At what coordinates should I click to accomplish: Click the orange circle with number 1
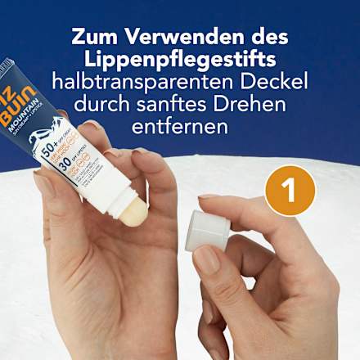coord(289,191)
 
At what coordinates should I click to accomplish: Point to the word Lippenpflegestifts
coord(179,60)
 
